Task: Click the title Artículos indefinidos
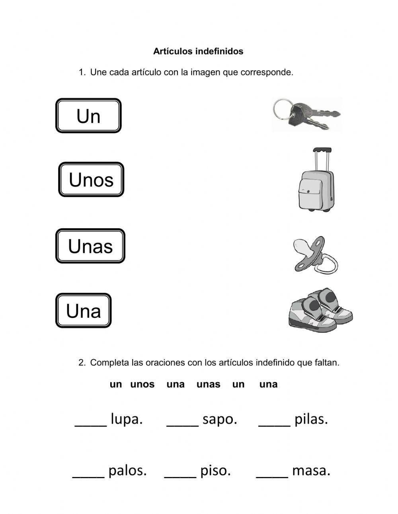(198, 51)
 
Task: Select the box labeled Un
(88, 116)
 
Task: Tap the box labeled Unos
(91, 180)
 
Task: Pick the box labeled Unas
(90, 246)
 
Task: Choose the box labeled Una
(83, 311)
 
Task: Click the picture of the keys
(306, 114)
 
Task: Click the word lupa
(127, 419)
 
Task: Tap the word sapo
(220, 419)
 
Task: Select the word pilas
(311, 419)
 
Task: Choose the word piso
(216, 471)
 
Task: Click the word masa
(311, 471)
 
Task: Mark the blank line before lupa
(91, 424)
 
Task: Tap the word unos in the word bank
(142, 385)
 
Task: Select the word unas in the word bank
(208, 385)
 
